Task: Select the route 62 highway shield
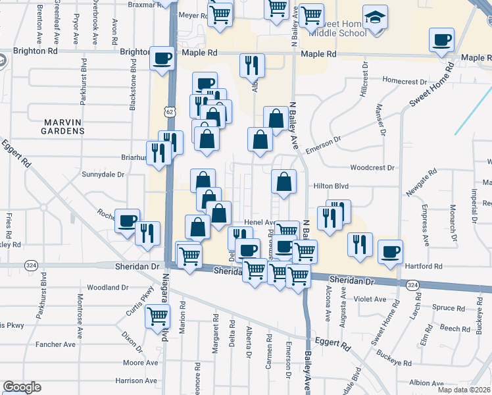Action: (x=170, y=113)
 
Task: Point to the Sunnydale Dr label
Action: (x=103, y=174)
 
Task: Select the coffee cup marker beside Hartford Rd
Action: (x=390, y=251)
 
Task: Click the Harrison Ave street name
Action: (x=136, y=381)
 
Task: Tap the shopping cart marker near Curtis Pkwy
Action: (x=158, y=317)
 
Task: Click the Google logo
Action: (x=22, y=387)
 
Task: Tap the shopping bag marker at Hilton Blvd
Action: (x=283, y=182)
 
